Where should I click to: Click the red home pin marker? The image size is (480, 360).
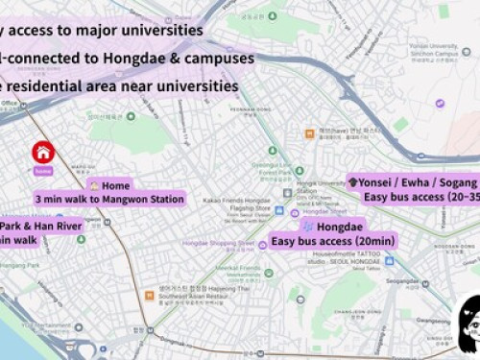pyautogui.click(x=42, y=152)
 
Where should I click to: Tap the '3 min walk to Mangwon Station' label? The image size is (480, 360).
pyautogui.click(x=108, y=200)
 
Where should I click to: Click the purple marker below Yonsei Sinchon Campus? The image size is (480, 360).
pyautogui.click(x=440, y=103)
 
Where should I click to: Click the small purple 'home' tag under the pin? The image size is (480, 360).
pyautogui.click(x=41, y=170)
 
